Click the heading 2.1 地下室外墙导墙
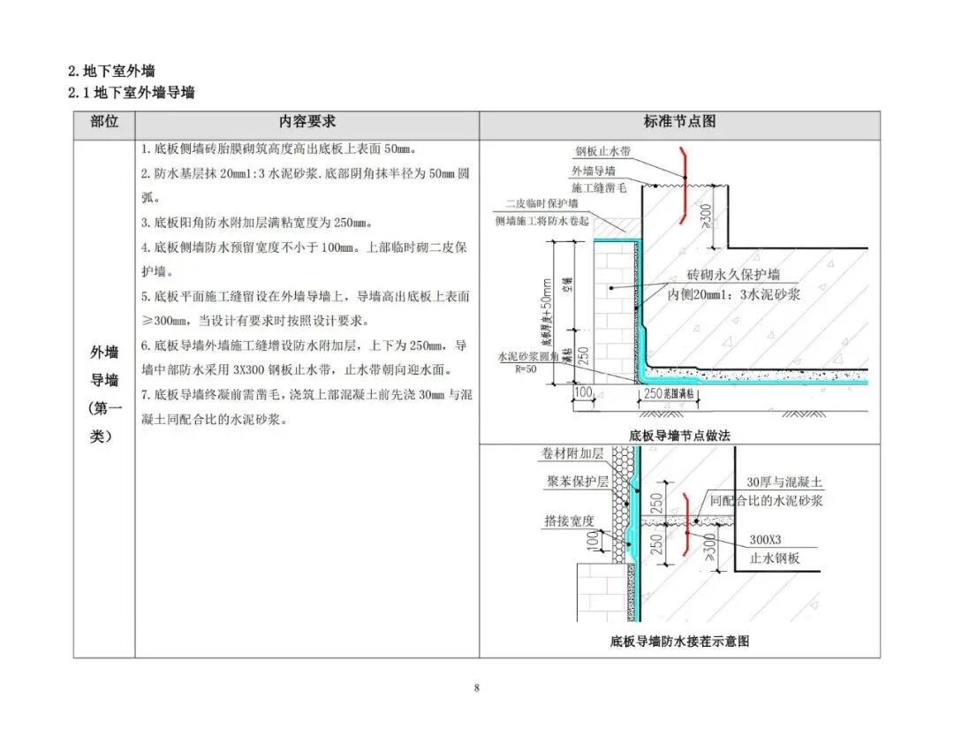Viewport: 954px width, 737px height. click(132, 93)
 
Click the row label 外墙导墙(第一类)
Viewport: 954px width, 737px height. click(103, 393)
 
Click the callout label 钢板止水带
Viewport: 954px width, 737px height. click(605, 151)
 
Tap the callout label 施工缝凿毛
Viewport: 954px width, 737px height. click(598, 187)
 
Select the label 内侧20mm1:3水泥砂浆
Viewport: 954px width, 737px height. click(733, 294)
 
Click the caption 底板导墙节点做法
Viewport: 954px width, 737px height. click(679, 435)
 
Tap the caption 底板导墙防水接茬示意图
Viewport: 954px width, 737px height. click(679, 642)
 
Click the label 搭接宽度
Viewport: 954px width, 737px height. click(569, 521)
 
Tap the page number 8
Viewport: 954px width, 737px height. click(476, 688)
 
